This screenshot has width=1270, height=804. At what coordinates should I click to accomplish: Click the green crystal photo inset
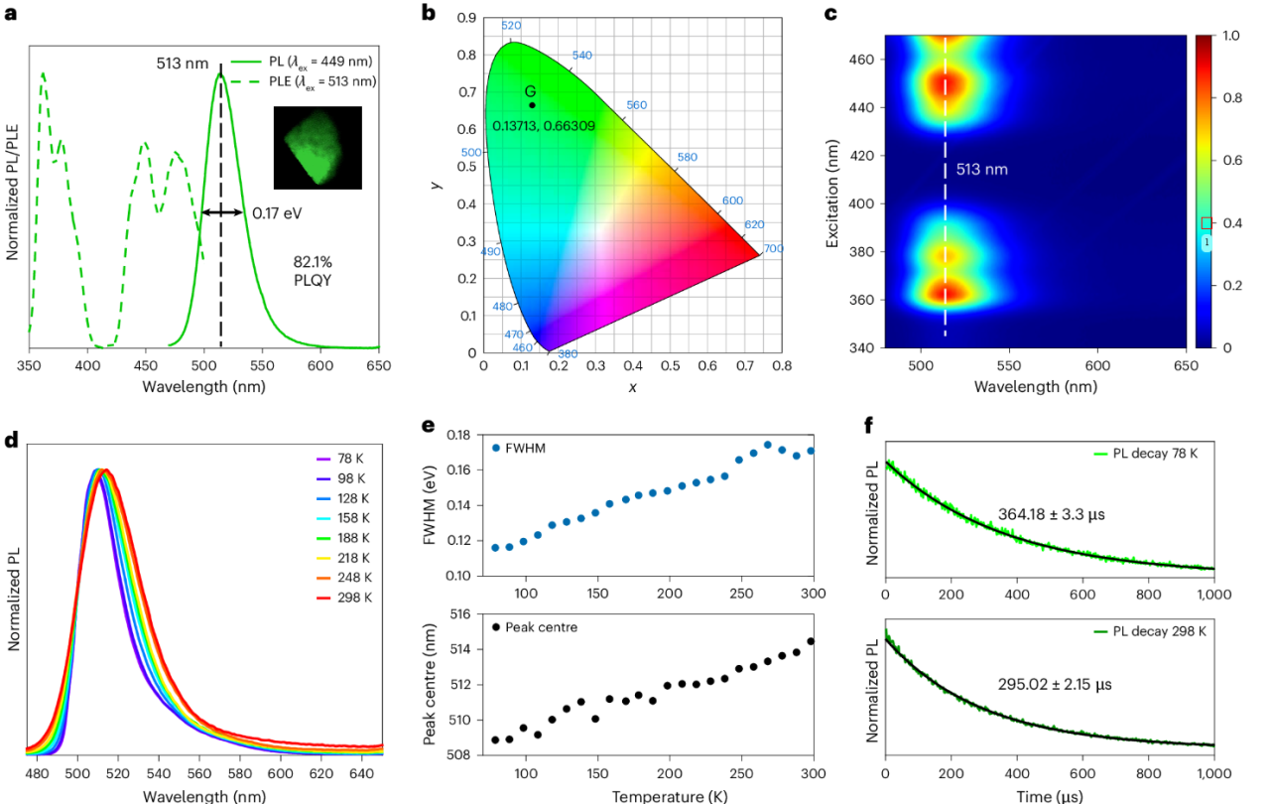(x=318, y=147)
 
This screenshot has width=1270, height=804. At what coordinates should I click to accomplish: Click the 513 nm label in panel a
(x=182, y=64)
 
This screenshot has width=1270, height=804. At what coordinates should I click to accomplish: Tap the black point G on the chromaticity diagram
(x=532, y=105)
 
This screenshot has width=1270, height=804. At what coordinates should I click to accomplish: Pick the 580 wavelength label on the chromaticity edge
(x=687, y=158)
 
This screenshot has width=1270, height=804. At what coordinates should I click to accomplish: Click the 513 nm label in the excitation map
(x=982, y=170)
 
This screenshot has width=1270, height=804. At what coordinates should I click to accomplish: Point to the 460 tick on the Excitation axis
(x=862, y=60)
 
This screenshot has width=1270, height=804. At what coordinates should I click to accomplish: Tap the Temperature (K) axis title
(x=656, y=796)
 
